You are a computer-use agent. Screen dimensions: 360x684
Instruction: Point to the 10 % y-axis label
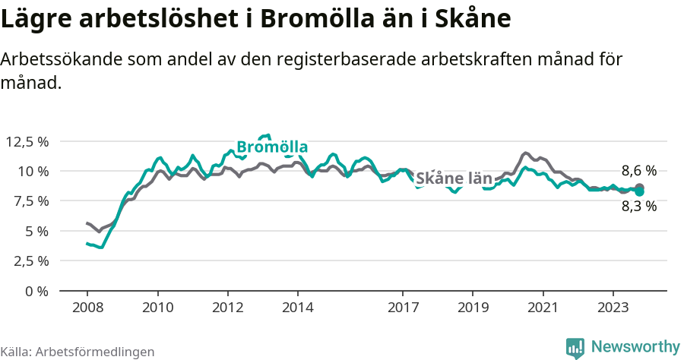coord(33,171)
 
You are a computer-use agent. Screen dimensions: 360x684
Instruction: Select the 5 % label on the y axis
coord(36,231)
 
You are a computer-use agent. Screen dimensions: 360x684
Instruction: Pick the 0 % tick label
coord(36,291)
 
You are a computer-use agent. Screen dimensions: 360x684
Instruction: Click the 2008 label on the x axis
coord(87,308)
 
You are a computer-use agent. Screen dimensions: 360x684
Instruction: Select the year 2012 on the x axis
coord(227,308)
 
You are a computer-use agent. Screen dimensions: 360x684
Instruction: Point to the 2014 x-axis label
coord(297,308)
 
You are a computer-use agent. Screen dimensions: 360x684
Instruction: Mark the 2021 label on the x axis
coord(543,308)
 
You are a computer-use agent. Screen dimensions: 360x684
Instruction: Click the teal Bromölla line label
coord(271,147)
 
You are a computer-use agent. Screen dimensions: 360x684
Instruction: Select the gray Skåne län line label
coord(454,178)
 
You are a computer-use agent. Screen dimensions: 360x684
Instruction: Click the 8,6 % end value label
coord(638,171)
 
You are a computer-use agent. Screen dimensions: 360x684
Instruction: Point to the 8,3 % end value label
coord(638,206)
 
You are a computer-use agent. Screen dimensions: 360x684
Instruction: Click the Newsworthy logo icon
coord(575,348)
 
